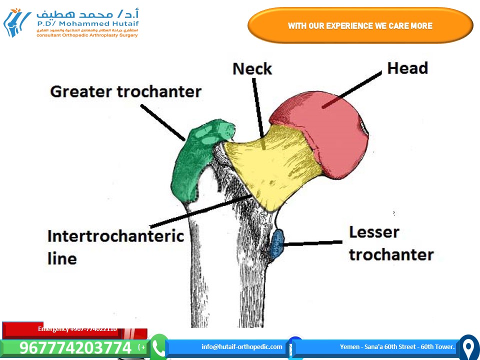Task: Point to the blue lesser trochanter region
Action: tap(276, 243)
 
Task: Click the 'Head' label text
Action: tap(407, 68)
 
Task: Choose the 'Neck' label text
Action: tap(252, 68)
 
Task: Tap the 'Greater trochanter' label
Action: tap(125, 91)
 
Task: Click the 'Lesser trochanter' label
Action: tap(390, 243)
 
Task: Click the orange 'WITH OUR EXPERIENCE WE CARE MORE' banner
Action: tap(360, 25)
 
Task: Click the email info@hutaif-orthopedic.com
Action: tap(242, 346)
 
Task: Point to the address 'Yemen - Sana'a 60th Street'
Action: tap(397, 346)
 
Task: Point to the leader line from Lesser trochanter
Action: tap(313, 243)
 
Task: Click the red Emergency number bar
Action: tap(75, 329)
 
